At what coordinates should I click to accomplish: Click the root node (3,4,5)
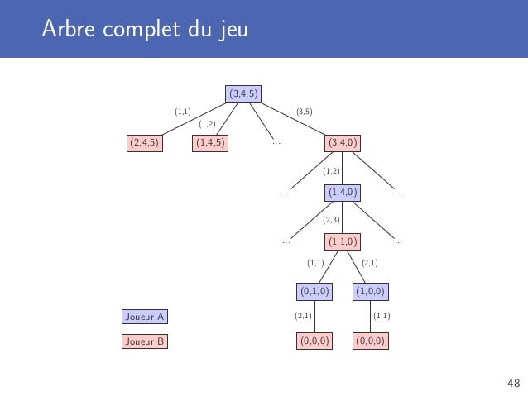(243, 94)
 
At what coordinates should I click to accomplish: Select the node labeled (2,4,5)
(144, 143)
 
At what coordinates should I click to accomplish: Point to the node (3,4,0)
(343, 143)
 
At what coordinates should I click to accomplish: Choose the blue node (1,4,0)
(343, 193)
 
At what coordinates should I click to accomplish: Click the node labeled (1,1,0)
(343, 241)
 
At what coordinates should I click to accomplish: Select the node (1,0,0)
(372, 291)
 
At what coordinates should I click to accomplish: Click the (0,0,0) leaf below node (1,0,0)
(372, 341)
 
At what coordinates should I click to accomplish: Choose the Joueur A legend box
(144, 316)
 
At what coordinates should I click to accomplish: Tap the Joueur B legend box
(144, 341)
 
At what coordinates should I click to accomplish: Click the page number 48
(513, 382)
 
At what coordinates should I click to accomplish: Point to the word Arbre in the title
(69, 31)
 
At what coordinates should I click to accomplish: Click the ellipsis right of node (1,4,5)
(276, 143)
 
